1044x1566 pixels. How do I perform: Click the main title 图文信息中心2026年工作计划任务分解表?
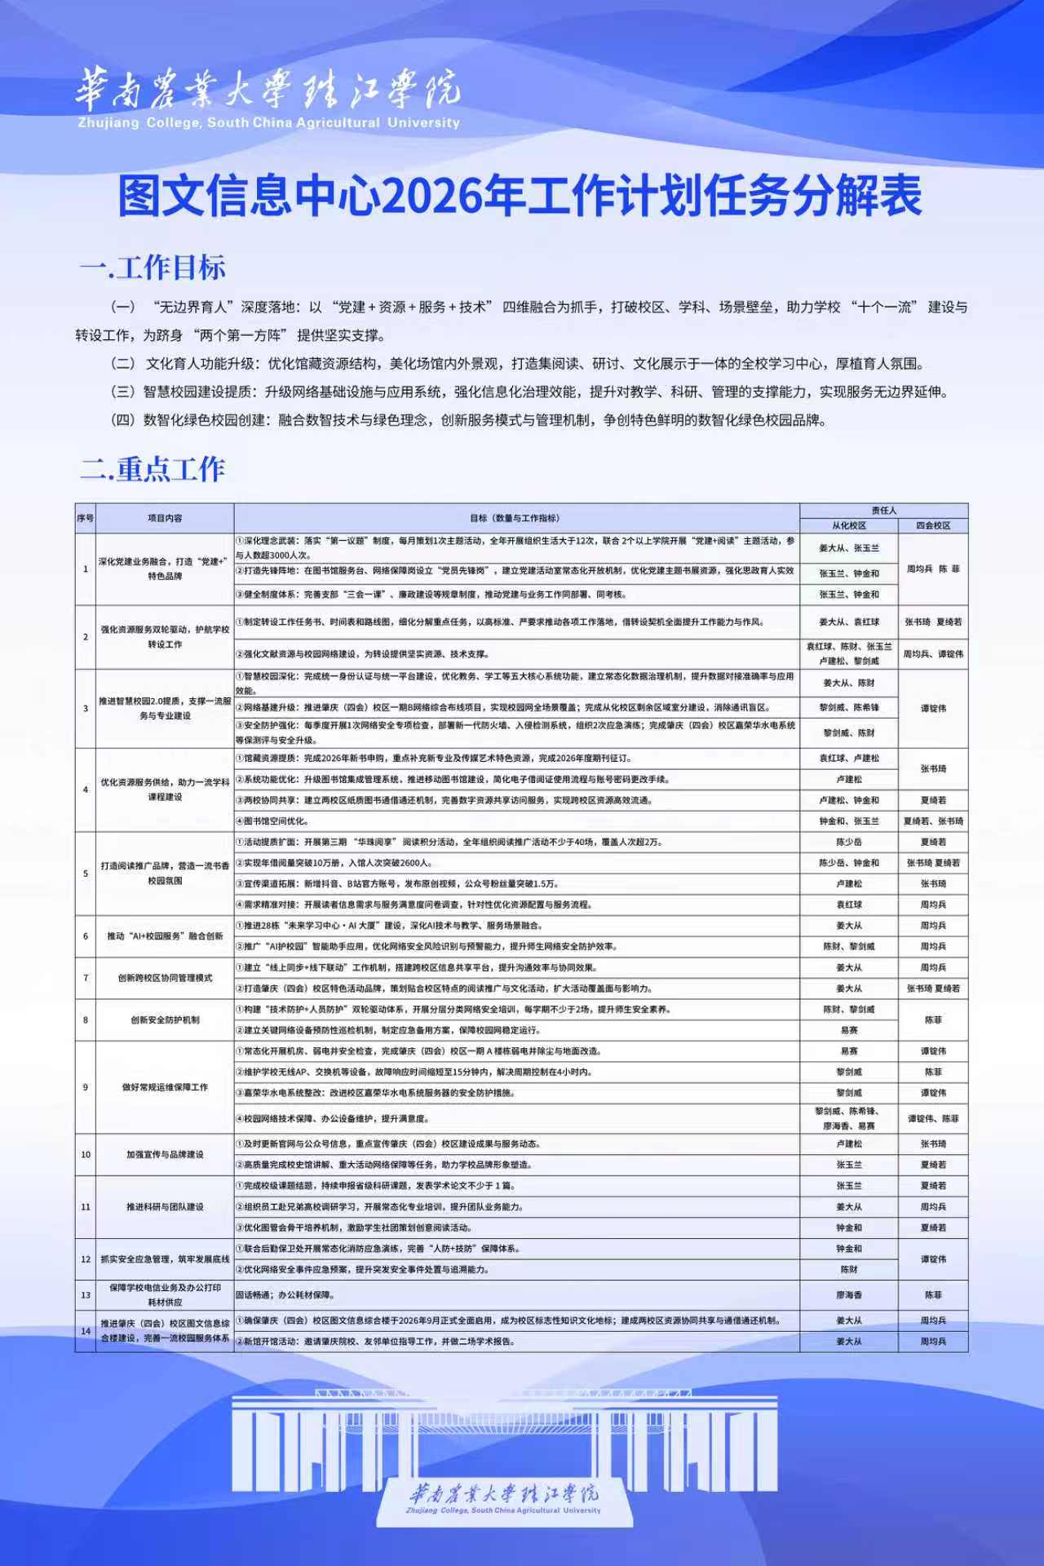pyautogui.click(x=520, y=196)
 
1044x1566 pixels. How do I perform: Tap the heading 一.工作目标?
pyautogui.click(x=153, y=268)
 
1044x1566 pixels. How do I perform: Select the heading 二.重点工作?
pyautogui.click(x=153, y=469)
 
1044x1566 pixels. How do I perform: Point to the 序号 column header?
pyautogui.click(x=86, y=518)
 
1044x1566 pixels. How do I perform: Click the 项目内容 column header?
pyautogui.click(x=165, y=518)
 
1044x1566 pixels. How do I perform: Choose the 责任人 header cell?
pyautogui.click(x=883, y=511)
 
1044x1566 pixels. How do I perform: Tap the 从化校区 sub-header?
pyautogui.click(x=849, y=526)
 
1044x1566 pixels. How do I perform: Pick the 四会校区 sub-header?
pyautogui.click(x=933, y=526)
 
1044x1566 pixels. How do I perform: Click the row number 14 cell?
pyautogui.click(x=86, y=1331)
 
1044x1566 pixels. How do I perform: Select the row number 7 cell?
pyautogui.click(x=86, y=978)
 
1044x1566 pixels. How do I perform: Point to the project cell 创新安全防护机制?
pyautogui.click(x=165, y=1020)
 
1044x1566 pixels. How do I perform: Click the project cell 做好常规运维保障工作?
pyautogui.click(x=165, y=1087)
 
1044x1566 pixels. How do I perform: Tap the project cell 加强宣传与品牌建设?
pyautogui.click(x=165, y=1155)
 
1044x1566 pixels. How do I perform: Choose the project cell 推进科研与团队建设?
pyautogui.click(x=165, y=1207)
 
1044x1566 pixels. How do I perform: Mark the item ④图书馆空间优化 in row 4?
pyautogui.click(x=272, y=821)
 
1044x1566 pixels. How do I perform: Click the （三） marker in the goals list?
pyautogui.click(x=123, y=392)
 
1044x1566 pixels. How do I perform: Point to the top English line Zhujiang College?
pyautogui.click(x=268, y=123)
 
